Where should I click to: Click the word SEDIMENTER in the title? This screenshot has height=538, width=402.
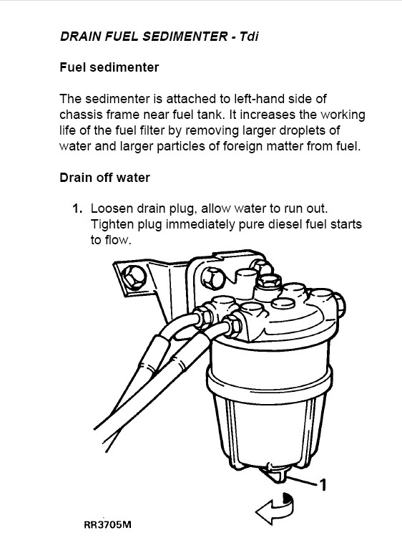coord(185,36)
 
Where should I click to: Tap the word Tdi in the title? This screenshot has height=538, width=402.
coord(248,36)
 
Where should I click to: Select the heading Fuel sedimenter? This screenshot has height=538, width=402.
coord(109,67)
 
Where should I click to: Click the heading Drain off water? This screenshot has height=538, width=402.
coord(104,178)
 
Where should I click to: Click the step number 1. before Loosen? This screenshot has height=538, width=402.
coord(77,208)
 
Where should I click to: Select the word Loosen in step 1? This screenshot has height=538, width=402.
coord(112,208)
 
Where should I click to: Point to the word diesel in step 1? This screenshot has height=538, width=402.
coord(285,224)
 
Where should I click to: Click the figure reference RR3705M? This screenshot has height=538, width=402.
coord(107,524)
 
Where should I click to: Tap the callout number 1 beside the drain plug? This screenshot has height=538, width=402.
coord(322,485)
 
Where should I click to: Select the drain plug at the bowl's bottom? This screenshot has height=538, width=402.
coord(273,473)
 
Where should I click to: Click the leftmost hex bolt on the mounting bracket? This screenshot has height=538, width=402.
coord(133,277)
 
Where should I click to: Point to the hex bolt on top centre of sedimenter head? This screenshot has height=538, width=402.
coord(269,281)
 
